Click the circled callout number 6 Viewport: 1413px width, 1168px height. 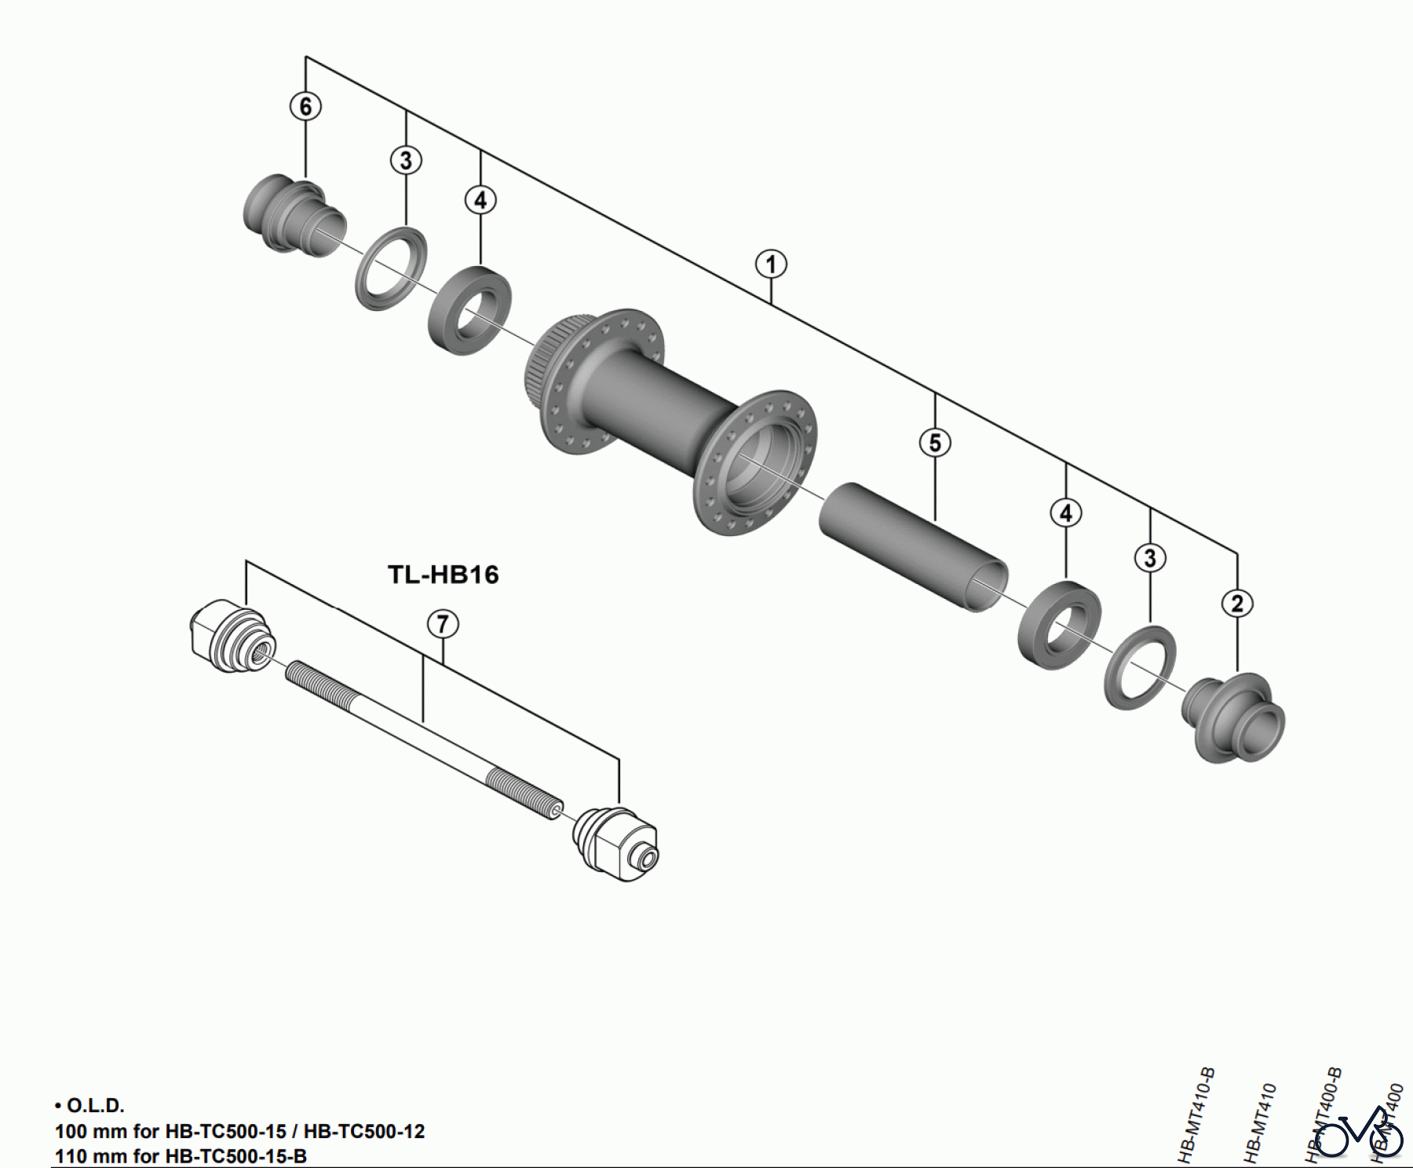point(305,106)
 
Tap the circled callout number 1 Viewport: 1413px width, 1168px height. point(771,265)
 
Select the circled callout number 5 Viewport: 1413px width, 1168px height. point(935,443)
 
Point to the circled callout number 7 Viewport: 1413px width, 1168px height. point(443,625)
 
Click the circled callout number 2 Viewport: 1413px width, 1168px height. point(1237,604)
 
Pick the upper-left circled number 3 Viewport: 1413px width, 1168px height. point(406,161)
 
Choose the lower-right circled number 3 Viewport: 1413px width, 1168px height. point(1150,559)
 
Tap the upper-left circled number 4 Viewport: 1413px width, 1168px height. point(480,200)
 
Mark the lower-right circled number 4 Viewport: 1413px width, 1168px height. point(1065,513)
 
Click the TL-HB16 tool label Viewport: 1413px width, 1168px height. point(444,575)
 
